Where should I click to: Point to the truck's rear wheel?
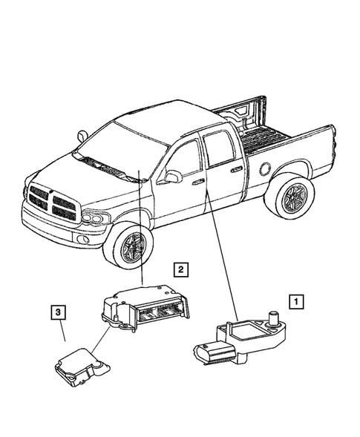click(288, 198)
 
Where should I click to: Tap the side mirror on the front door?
click(173, 177)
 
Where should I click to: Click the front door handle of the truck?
click(198, 181)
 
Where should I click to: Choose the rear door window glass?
click(220, 148)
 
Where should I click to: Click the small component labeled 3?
click(79, 368)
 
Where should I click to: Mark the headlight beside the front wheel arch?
click(95, 217)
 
